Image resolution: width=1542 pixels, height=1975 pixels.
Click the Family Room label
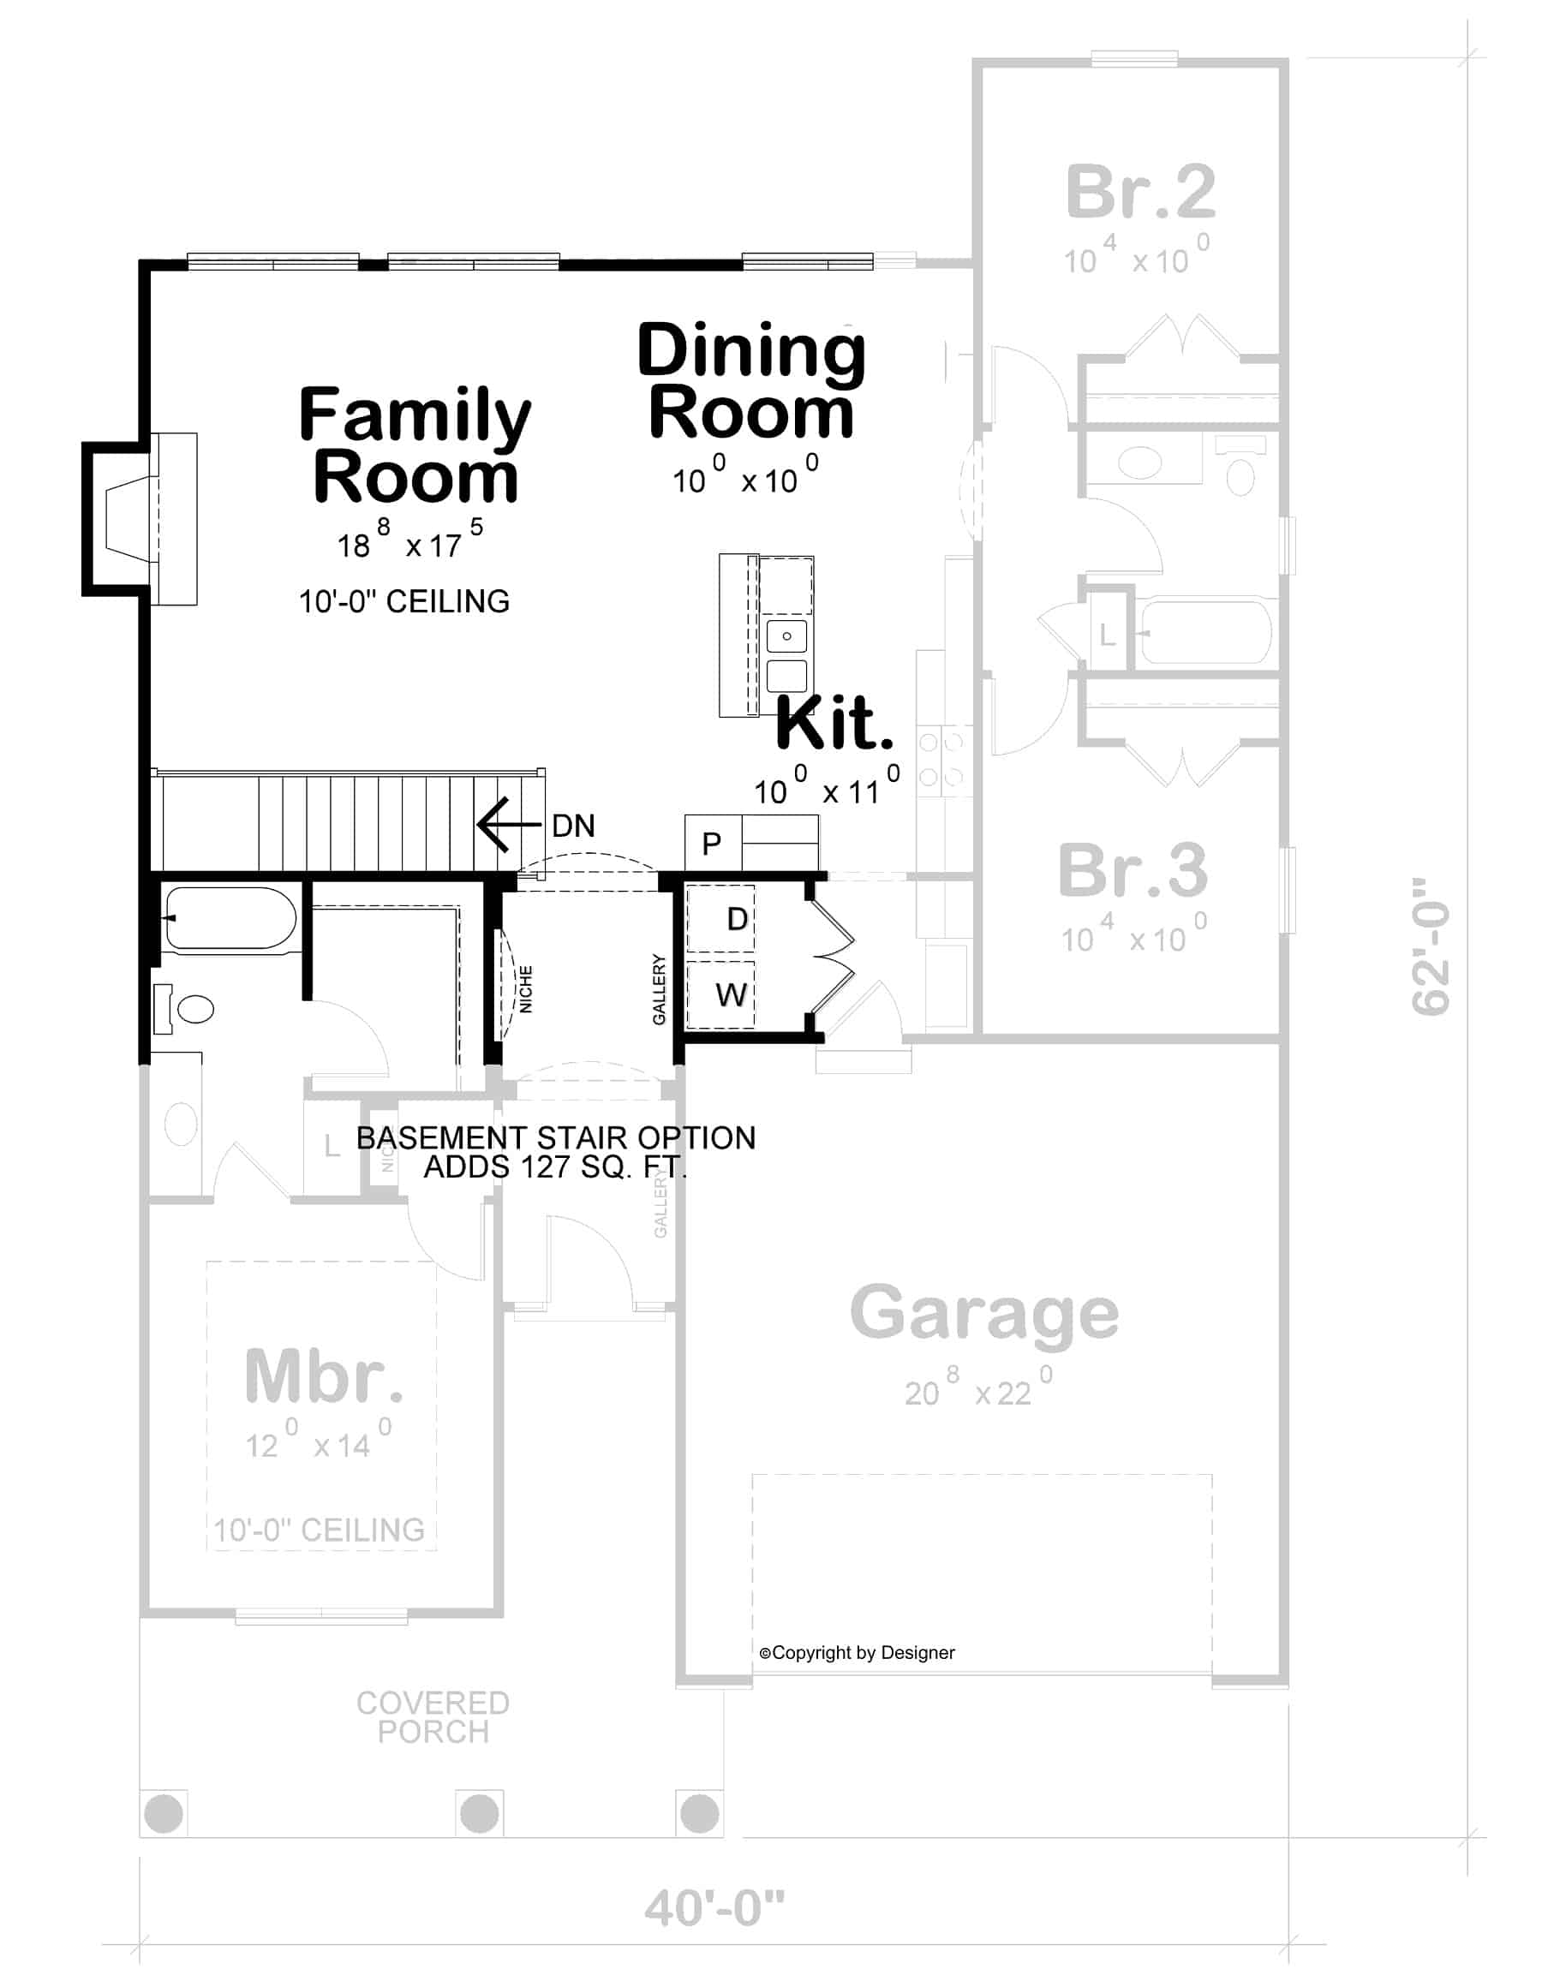[x=415, y=444]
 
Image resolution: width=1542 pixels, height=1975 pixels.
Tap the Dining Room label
[x=750, y=381]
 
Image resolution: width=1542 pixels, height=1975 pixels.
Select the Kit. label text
[x=834, y=724]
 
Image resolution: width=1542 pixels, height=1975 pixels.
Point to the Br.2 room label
[x=1140, y=192]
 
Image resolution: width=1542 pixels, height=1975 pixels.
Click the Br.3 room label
[x=1133, y=870]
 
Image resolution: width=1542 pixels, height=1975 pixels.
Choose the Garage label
[x=984, y=1313]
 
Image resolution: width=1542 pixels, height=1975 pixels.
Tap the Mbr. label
[x=324, y=1376]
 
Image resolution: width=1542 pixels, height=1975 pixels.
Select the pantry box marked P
[x=712, y=844]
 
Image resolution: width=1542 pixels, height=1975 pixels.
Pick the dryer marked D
[x=735, y=919]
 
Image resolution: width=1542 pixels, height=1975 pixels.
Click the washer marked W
[x=731, y=994]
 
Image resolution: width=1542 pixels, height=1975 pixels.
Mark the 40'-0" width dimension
[x=714, y=1908]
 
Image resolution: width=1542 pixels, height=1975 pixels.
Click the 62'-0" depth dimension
[x=1430, y=946]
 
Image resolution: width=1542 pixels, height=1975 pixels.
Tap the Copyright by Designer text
[x=857, y=1653]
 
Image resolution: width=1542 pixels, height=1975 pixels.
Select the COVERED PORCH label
[x=433, y=1717]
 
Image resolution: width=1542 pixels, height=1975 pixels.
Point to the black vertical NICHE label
[x=525, y=988]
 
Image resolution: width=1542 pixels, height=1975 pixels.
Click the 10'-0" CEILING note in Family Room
[x=404, y=601]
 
